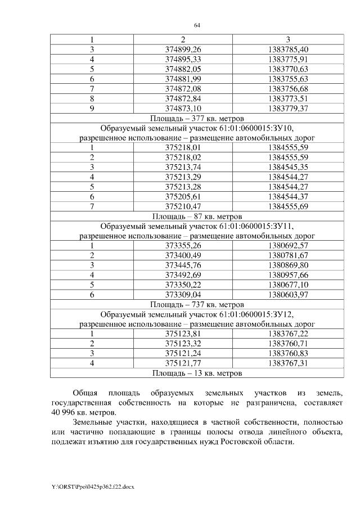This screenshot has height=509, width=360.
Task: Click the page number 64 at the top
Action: coord(197,25)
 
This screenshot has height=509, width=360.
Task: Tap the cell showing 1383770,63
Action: coord(289,69)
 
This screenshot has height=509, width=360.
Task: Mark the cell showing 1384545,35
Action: coord(289,167)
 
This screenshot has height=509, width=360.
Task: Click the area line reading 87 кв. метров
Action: coord(197,216)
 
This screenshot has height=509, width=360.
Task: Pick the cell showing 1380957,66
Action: coord(289,275)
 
